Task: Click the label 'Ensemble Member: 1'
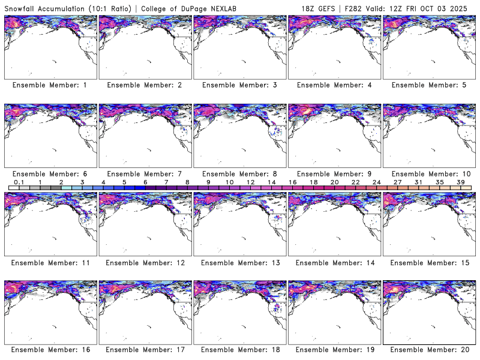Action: click(x=49, y=85)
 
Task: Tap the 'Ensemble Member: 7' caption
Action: click(x=144, y=173)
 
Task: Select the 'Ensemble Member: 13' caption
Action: click(x=239, y=262)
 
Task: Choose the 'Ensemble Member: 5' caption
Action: click(x=428, y=85)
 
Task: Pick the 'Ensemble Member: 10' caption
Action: click(x=428, y=173)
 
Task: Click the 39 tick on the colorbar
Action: click(x=460, y=182)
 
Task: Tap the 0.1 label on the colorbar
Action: click(x=19, y=182)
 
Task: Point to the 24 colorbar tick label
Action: click(x=376, y=182)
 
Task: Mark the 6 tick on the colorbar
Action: click(x=145, y=182)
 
